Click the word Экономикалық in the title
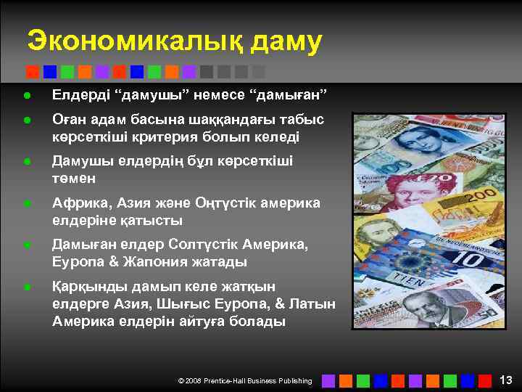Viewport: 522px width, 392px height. coord(133,41)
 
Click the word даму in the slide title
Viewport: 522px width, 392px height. coord(286,41)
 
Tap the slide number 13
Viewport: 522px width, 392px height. coord(506,380)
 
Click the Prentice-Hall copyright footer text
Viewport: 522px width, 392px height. coord(245,380)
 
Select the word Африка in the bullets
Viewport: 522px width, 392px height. coord(80,203)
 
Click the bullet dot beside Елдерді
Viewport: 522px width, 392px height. coord(26,95)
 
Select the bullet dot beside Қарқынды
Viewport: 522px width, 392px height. coord(26,288)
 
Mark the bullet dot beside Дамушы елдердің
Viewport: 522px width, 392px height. coord(26,162)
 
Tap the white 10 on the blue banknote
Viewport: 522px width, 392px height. coord(471,258)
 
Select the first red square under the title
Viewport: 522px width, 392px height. coord(32,71)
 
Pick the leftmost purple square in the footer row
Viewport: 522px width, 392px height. coord(328,380)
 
